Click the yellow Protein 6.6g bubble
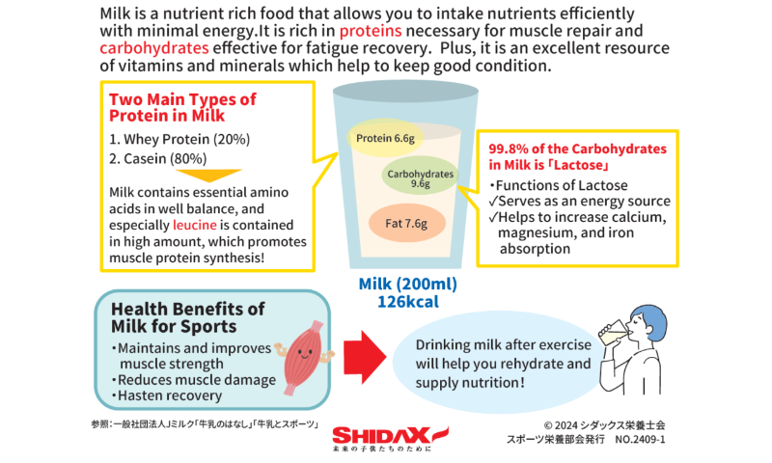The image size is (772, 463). point(385,138)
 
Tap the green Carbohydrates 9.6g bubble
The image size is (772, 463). point(420,176)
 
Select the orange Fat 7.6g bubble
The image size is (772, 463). point(406,223)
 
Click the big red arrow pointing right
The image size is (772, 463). point(365,357)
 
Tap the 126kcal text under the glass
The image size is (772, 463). point(407,301)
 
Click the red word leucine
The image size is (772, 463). point(195,225)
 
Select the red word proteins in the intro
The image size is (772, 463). point(371,31)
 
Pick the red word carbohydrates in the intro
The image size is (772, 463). point(154,47)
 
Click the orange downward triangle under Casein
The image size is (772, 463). point(208,176)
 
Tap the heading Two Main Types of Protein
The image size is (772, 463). point(182,107)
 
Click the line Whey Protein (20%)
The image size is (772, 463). point(179,139)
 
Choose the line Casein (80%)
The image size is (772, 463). point(158,158)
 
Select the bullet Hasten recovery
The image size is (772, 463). point(166,395)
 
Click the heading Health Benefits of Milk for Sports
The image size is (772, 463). point(187,317)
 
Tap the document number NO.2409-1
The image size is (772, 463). point(640,439)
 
